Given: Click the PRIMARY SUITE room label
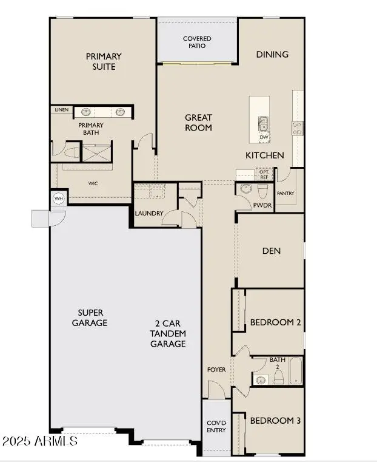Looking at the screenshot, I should [104, 61].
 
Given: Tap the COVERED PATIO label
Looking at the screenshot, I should [197, 42].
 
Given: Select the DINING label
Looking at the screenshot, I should [272, 55].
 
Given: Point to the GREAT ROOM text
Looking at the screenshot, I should [198, 123].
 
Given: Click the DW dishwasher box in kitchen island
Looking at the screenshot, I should [264, 137].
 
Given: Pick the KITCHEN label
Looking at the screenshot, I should [264, 155].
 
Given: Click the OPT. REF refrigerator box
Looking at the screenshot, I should [264, 174].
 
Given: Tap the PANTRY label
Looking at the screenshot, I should [285, 194].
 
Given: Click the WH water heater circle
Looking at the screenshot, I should [59, 199].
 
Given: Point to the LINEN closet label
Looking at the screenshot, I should [61, 110].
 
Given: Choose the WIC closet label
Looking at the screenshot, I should [93, 183].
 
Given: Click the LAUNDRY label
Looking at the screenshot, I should [149, 214].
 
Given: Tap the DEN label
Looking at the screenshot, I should [272, 251].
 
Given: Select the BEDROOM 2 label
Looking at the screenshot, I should [275, 322].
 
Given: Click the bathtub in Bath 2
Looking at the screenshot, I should [296, 371].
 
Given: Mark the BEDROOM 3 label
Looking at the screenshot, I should [275, 421].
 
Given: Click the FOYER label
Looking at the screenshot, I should [216, 369].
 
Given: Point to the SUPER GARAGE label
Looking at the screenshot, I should [89, 318].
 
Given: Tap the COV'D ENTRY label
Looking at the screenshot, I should [216, 427].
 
